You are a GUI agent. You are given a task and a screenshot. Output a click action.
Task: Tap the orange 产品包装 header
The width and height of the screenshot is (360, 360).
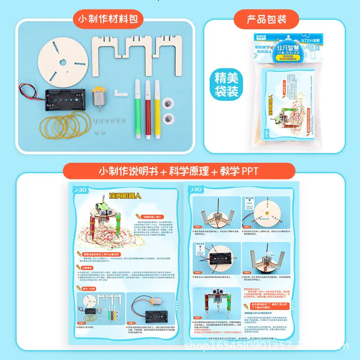pyautogui.click(x=266, y=19)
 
